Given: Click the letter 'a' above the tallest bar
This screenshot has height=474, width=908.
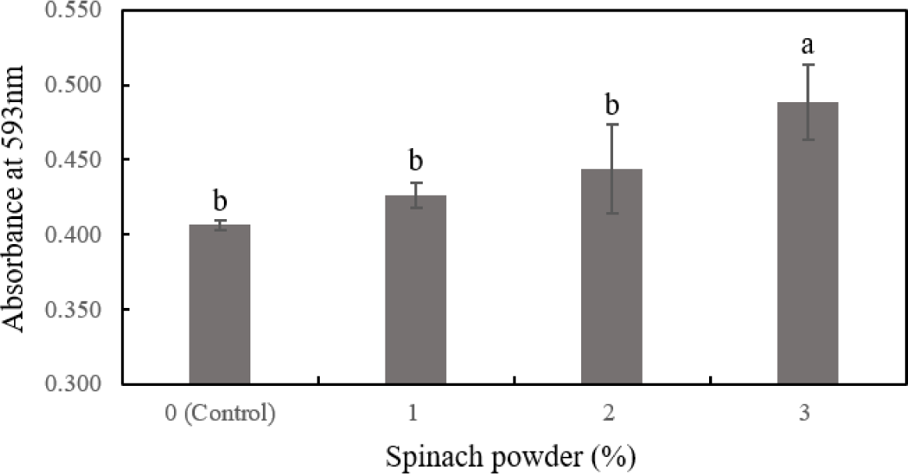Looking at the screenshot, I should [807, 46].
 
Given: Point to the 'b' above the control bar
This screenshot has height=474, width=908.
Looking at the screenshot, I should [220, 202].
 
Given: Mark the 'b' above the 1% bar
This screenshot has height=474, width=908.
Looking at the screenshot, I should [416, 162].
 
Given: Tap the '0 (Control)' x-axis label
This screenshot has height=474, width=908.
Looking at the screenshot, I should [220, 413].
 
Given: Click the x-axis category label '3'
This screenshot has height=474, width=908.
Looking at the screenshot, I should [807, 413].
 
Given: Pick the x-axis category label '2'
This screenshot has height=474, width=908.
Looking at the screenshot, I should [612, 413].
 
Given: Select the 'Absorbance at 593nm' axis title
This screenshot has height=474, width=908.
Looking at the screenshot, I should [16, 199].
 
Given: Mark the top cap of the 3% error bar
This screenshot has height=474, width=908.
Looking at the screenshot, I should [807, 65].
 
